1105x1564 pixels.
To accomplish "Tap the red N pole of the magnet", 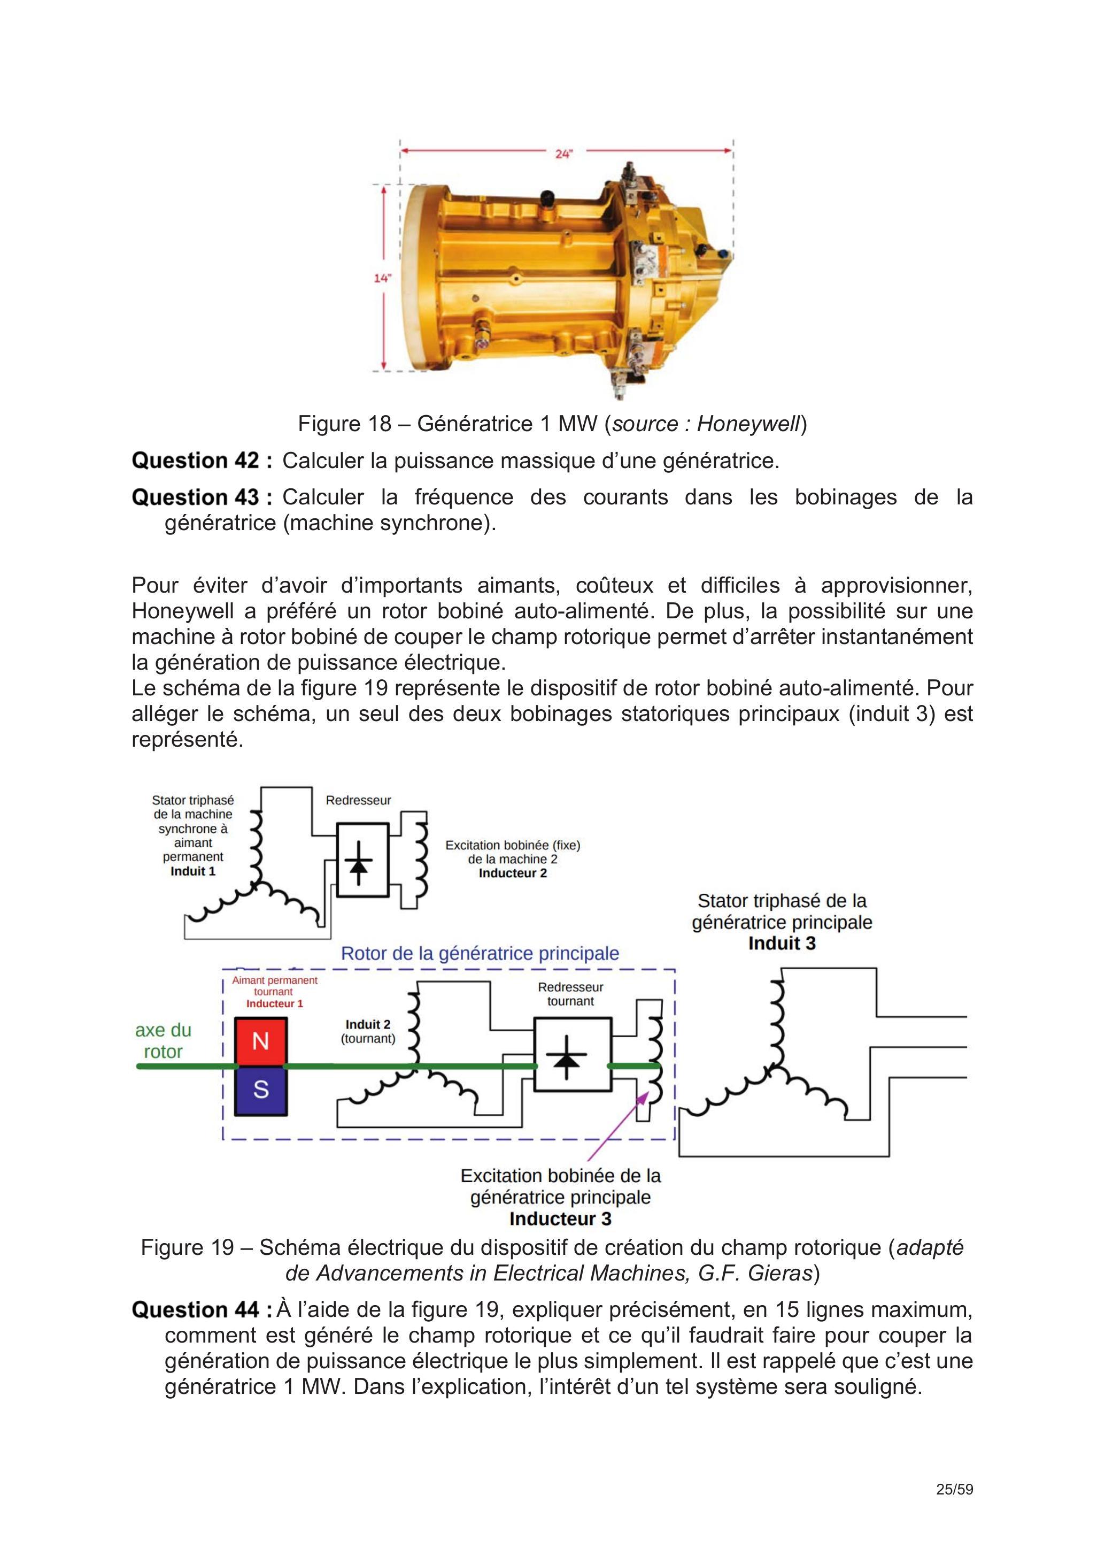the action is pos(261,1041).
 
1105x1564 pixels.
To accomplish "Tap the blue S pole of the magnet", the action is pos(261,1091).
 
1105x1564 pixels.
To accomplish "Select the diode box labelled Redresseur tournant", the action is pos(573,1054).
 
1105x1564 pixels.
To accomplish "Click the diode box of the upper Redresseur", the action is pos(363,860).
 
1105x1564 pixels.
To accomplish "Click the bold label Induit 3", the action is pos(782,944).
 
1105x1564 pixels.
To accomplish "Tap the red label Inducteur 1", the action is pos(274,1003).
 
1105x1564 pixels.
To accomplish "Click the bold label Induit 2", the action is pos(368,1024).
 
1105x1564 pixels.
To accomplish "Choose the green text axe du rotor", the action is pos(164,1041).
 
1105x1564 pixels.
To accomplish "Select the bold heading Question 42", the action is pos(202,461).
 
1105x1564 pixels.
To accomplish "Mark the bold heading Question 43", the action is pos(202,497).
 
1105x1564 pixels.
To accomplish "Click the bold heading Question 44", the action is pos(202,1310).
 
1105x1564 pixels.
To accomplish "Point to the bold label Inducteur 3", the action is pos(560,1218).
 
